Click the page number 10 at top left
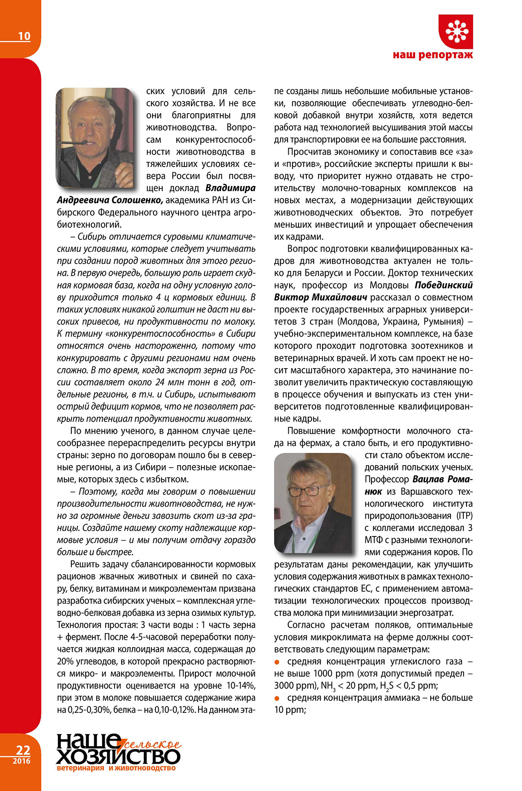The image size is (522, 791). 24,36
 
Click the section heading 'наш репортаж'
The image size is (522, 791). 433,55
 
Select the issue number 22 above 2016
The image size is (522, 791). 23,750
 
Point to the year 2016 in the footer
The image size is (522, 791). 22,760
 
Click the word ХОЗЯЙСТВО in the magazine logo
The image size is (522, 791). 118,756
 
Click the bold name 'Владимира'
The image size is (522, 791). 230,188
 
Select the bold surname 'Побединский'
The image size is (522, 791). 444,285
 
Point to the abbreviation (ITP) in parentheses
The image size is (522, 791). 464,516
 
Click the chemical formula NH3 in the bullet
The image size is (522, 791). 328,686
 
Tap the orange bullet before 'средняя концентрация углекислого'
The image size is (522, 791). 277,662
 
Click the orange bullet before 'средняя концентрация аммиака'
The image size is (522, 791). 277,698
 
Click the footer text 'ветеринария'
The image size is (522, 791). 80,768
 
